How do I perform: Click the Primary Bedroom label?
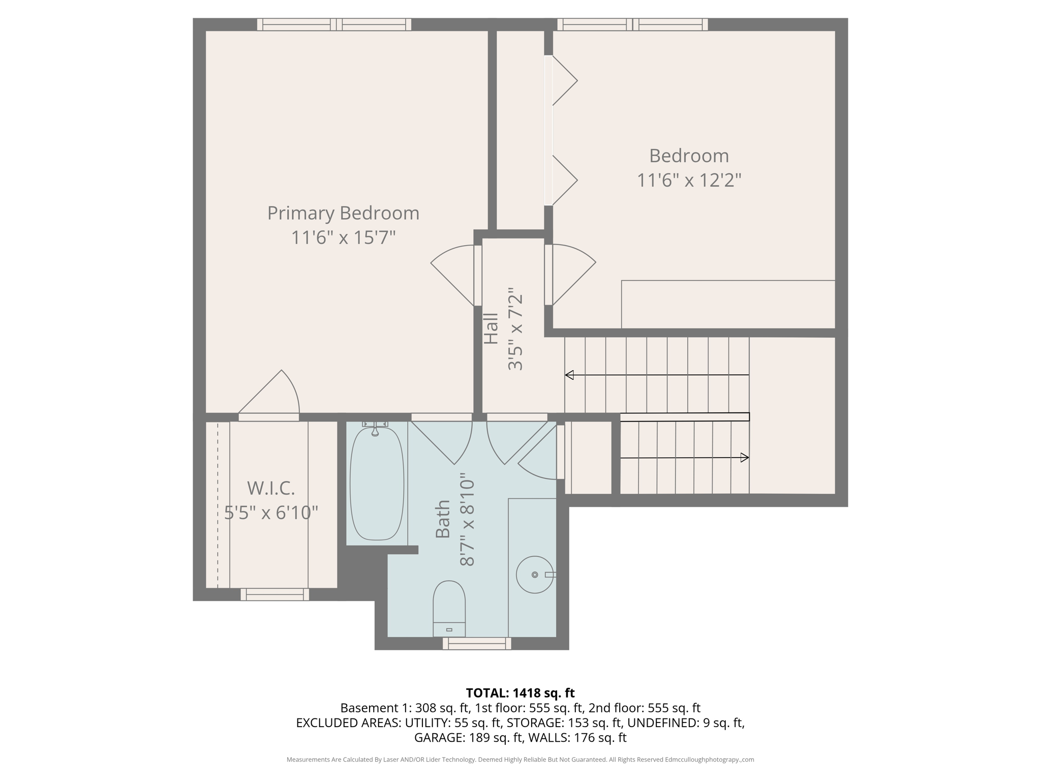point(343,213)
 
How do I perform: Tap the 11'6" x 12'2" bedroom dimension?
point(689,180)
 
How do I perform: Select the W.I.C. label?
point(271,488)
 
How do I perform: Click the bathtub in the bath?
point(377,483)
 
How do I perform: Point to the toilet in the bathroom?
point(449,607)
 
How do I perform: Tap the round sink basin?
point(534,575)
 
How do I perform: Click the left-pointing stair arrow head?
point(570,375)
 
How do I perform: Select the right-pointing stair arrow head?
point(745,458)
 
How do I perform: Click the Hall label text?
point(491,329)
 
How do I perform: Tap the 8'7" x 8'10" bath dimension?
point(467,520)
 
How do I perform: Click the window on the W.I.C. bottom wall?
point(274,594)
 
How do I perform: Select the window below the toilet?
point(477,644)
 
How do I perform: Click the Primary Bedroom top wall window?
point(334,24)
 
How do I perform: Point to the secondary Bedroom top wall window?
point(632,24)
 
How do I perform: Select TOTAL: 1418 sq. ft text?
point(520,693)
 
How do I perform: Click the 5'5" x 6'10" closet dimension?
point(271,513)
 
